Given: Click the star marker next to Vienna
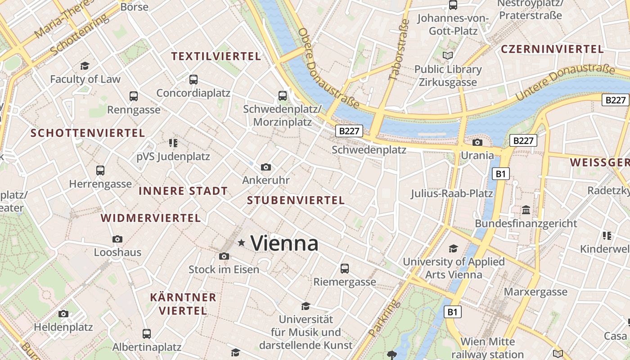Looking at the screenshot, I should [x=242, y=243].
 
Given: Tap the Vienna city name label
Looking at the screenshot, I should [x=284, y=243].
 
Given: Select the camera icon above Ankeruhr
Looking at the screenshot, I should [x=266, y=167].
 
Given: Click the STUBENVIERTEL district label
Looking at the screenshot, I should [x=296, y=201].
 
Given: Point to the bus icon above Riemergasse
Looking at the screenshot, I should [x=345, y=269].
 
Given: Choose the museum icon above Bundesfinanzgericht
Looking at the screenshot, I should [x=526, y=210].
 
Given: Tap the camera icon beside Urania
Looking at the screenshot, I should [x=477, y=143].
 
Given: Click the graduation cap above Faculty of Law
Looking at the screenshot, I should [x=85, y=66].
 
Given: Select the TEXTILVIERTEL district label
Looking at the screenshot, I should [x=216, y=56].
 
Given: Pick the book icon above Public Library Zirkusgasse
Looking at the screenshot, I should [x=448, y=56].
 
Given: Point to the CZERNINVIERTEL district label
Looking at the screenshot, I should [x=552, y=49].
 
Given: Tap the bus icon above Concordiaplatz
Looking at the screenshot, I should [x=193, y=80].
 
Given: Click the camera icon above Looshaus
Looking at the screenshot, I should [x=117, y=239].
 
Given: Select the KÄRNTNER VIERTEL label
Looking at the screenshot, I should [x=183, y=304].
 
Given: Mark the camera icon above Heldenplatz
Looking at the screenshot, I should [x=63, y=314].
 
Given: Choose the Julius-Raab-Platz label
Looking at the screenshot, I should [x=452, y=194].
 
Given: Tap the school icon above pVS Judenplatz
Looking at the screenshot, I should [x=173, y=143].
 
